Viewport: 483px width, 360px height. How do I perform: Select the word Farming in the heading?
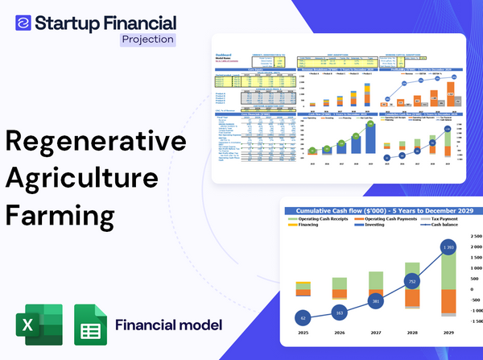60,216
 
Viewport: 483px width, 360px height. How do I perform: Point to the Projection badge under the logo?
147,38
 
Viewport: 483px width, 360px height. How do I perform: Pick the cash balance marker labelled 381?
374,301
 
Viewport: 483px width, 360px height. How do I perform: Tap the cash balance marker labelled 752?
411,282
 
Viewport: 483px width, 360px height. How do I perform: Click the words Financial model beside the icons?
168,326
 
